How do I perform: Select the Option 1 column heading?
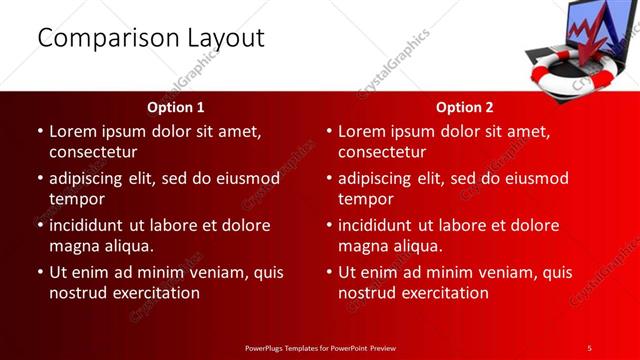point(176,107)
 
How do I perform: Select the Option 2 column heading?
point(465,107)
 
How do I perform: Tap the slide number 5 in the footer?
point(589,347)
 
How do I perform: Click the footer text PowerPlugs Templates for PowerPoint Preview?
point(320,347)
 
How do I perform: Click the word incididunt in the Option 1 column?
point(91,225)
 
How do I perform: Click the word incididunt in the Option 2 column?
point(380,225)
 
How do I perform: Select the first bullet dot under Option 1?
point(38,131)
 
